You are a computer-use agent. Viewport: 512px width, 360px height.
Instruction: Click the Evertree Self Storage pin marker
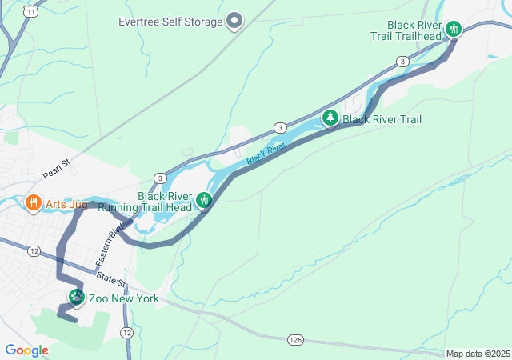(234, 21)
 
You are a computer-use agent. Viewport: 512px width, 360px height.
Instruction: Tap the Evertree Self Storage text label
(170, 22)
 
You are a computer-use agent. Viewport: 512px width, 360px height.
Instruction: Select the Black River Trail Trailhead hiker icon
(454, 30)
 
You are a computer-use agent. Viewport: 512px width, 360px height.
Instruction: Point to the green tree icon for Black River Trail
(330, 118)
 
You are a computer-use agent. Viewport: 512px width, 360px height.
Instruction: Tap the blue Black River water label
(266, 154)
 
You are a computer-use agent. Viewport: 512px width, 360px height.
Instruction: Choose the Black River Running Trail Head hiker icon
(205, 200)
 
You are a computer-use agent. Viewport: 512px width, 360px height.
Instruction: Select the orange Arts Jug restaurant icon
(33, 203)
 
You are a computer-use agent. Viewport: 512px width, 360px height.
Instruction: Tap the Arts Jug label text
(66, 205)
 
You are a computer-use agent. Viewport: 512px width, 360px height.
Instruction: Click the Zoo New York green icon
(77, 298)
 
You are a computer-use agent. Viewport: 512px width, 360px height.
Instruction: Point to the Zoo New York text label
(123, 299)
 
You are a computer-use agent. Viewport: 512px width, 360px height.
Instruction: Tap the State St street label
(111, 279)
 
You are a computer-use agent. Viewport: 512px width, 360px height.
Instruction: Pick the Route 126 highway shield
(296, 341)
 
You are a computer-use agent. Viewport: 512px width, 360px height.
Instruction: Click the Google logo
(26, 350)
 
